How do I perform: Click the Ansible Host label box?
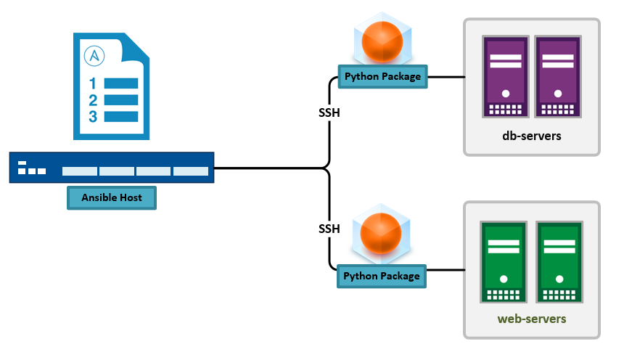click(112, 197)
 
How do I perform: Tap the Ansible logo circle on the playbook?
click(94, 56)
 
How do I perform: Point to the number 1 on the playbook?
click(93, 83)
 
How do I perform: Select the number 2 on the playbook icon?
click(93, 100)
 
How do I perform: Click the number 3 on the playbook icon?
click(93, 117)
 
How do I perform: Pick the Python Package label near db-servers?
click(382, 76)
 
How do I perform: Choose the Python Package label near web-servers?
click(381, 276)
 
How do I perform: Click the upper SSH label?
click(329, 112)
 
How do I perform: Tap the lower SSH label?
click(329, 229)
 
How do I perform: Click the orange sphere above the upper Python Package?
click(382, 42)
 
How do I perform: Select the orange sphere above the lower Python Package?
click(381, 234)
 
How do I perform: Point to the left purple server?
click(506, 76)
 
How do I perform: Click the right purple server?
click(558, 76)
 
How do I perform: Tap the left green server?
click(504, 262)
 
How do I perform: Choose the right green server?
click(559, 262)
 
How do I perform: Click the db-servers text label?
click(532, 136)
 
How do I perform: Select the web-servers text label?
click(532, 319)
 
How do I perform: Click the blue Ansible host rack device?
click(112, 167)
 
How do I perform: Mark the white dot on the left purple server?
click(506, 94)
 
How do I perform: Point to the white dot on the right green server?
click(559, 279)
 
